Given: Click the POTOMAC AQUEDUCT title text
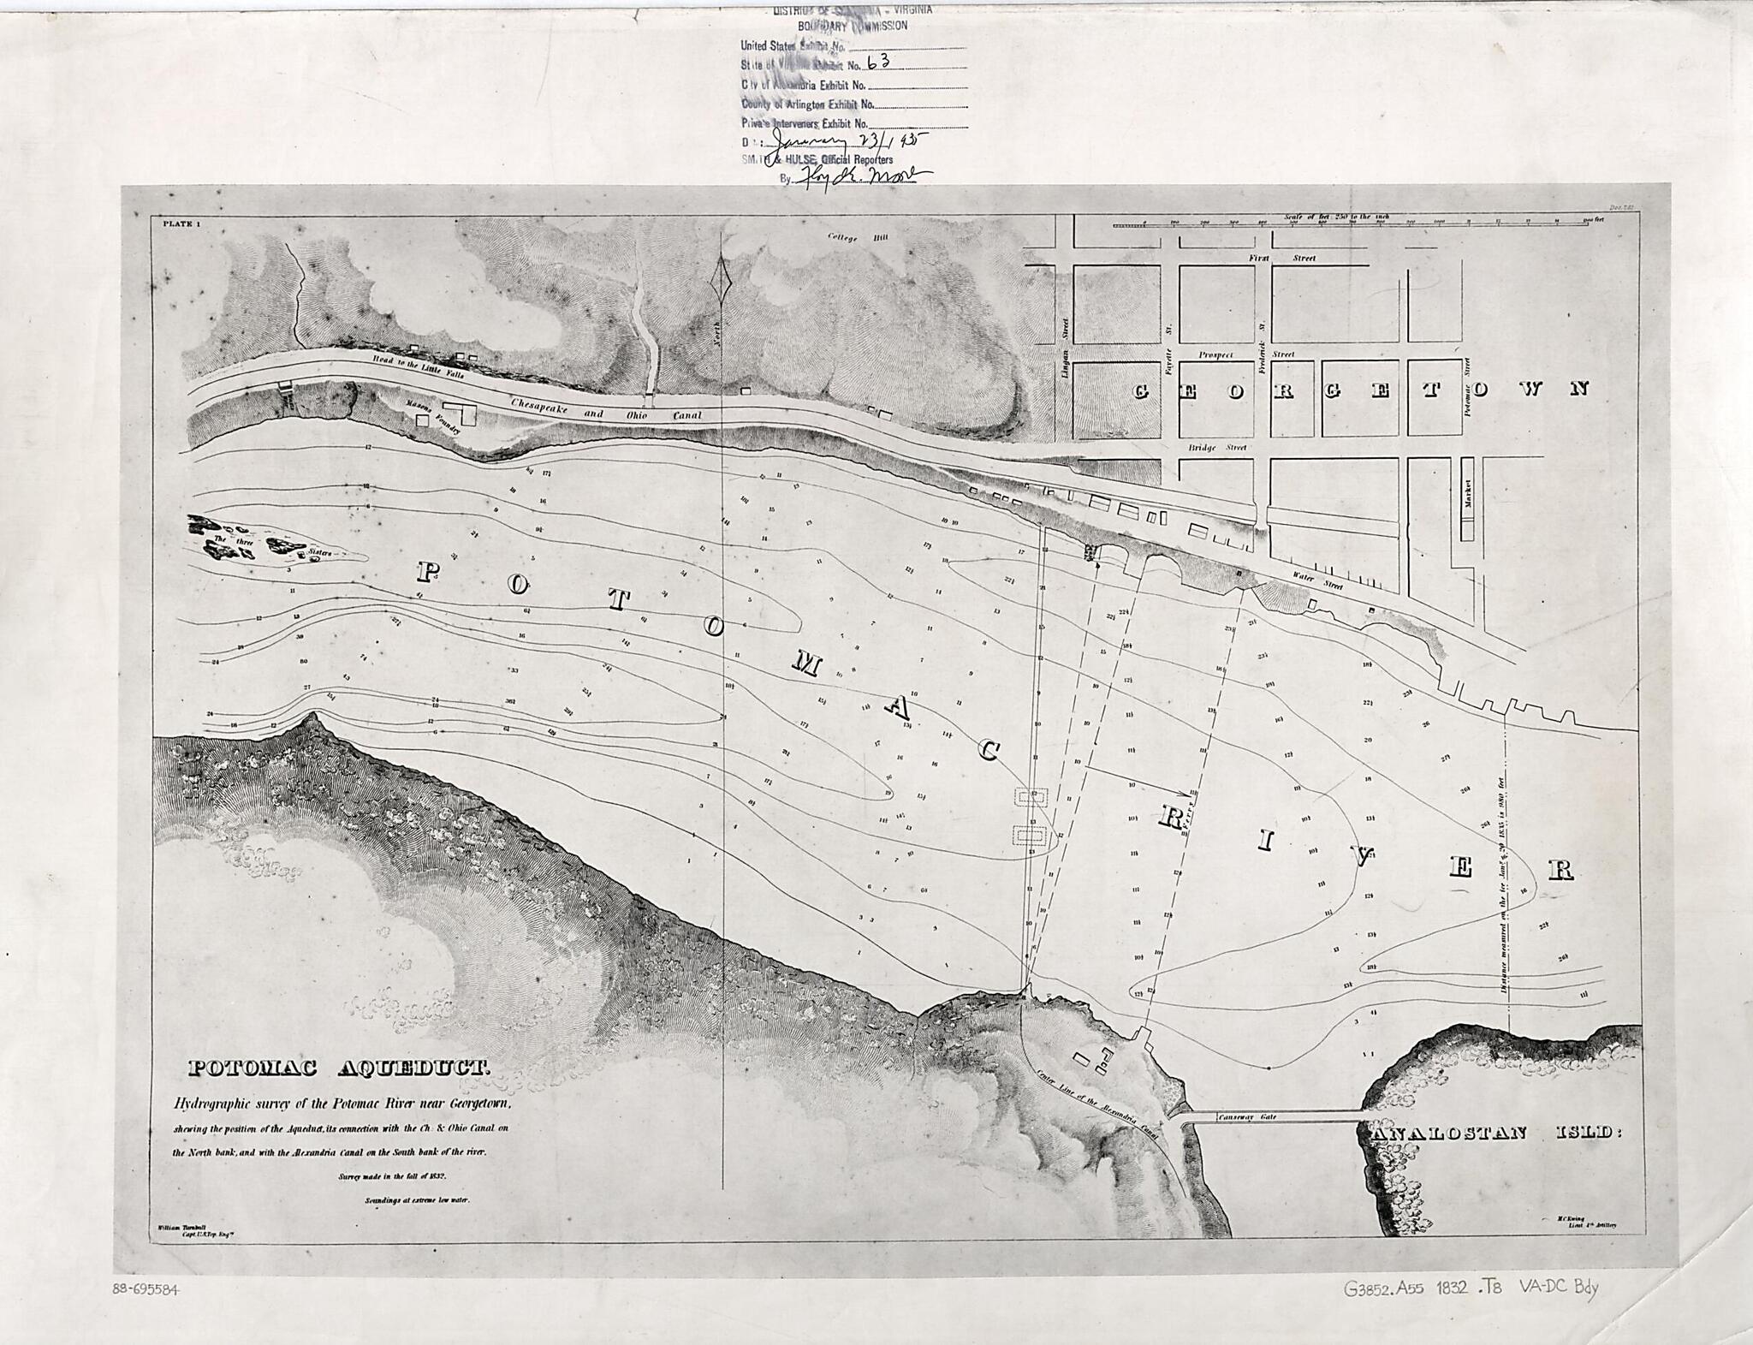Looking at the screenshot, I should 339,1068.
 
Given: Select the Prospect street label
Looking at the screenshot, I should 1215,354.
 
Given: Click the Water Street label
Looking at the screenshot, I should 1317,580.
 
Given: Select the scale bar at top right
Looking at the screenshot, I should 1357,224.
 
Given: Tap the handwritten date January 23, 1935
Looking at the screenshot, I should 847,143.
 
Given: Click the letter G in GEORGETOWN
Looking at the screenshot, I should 1141,391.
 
